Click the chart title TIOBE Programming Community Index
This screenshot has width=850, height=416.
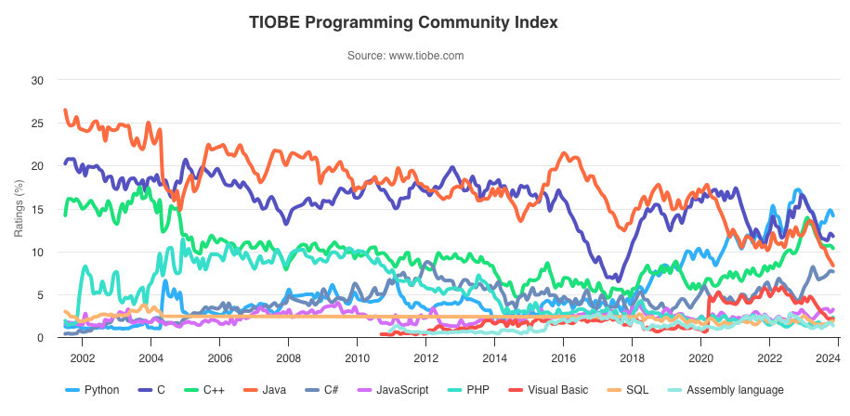[x=404, y=22]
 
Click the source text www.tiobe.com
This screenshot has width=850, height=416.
[x=405, y=56]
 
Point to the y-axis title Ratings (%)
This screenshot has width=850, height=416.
[x=20, y=209]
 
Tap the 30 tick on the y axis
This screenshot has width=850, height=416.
[x=37, y=80]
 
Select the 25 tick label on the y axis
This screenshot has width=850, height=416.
[x=37, y=123]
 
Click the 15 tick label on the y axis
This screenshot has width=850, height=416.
[x=37, y=209]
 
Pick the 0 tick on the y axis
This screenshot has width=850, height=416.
[x=41, y=338]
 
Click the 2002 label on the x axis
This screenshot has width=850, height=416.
[x=82, y=357]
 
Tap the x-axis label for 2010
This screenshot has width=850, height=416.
[x=357, y=357]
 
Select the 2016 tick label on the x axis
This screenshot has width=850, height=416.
[x=563, y=357]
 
